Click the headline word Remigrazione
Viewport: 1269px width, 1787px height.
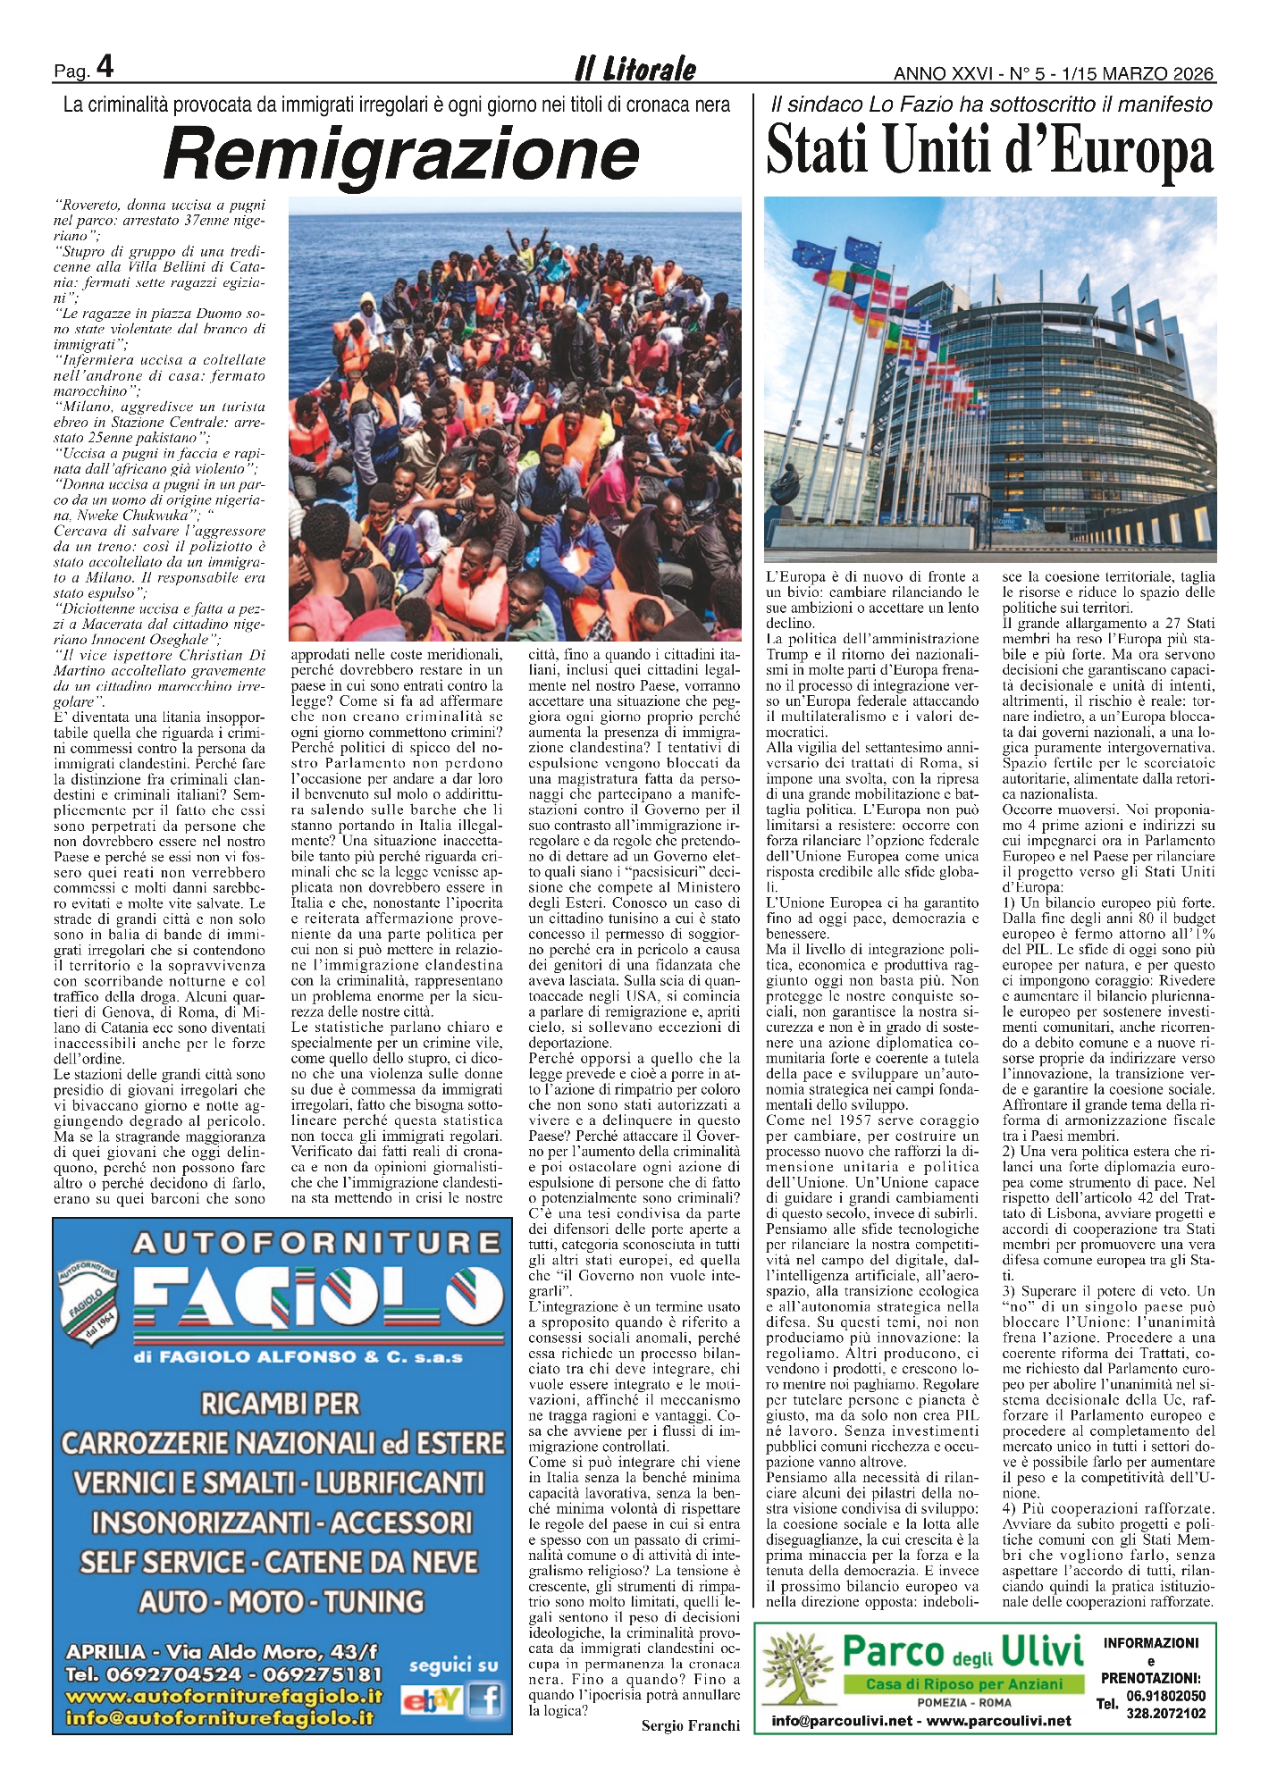click(401, 154)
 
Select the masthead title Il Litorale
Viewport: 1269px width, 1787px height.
click(634, 70)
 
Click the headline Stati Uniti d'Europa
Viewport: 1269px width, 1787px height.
click(990, 151)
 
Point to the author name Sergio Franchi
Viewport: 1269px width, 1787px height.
click(690, 1725)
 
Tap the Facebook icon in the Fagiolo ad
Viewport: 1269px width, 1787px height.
click(485, 1699)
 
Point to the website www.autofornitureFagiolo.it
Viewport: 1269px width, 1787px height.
click(223, 1696)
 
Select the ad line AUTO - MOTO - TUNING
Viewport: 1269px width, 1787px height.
click(282, 1601)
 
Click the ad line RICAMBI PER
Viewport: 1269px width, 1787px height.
click(280, 1404)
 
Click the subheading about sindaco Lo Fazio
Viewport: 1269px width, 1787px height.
click(990, 105)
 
